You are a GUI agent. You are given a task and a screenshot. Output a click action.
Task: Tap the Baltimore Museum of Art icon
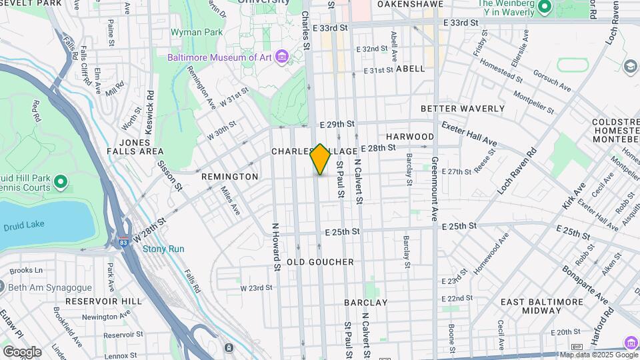coord(282,57)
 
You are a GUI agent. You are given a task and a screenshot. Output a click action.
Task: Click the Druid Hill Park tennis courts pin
coord(61,181)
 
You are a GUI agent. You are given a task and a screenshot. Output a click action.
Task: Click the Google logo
coord(22,351)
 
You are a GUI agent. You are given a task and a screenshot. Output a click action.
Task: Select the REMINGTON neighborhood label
coord(229,177)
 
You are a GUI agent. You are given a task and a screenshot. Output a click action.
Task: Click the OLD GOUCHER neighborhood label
coord(320,262)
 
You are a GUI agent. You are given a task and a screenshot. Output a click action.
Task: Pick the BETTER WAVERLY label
coord(462,109)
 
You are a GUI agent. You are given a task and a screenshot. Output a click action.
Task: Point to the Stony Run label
coord(163,249)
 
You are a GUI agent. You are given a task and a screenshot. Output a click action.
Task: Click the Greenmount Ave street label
coord(434,188)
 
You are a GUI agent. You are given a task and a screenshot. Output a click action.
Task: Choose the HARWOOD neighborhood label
coord(410,137)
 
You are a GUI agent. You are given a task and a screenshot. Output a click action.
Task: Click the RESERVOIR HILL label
coord(103,301)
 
